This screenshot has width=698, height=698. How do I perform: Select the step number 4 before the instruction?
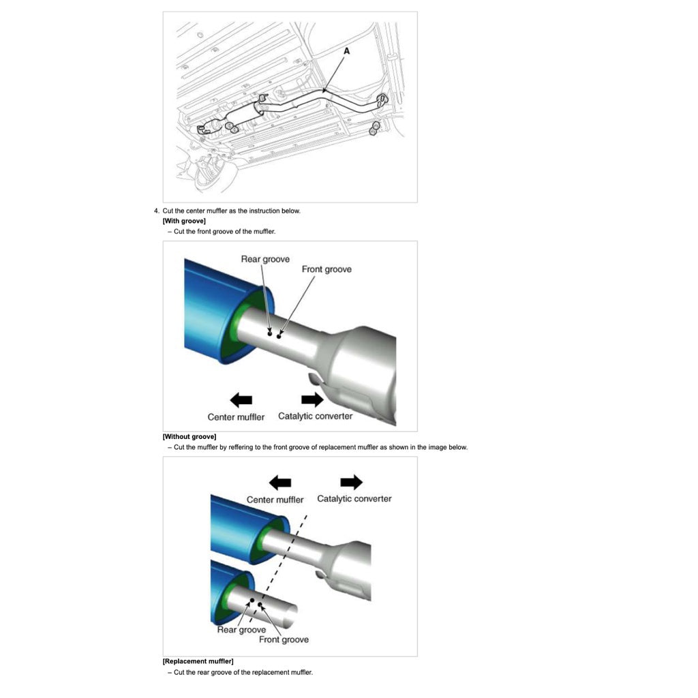[x=157, y=211]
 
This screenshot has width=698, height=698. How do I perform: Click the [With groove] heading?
[x=184, y=221]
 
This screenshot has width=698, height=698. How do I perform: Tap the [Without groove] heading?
[x=189, y=436]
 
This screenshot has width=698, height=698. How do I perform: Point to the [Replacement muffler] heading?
[x=198, y=661]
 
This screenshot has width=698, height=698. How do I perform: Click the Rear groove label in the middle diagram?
[x=265, y=259]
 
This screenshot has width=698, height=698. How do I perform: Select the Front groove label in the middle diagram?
[x=327, y=269]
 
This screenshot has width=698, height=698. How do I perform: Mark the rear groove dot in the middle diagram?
[x=270, y=334]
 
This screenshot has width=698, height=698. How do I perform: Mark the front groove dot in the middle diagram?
[x=279, y=337]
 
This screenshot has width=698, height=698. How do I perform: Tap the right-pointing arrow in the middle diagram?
[x=312, y=399]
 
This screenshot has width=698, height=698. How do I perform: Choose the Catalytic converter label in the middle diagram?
[x=315, y=416]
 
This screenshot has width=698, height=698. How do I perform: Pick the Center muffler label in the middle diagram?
[x=236, y=416]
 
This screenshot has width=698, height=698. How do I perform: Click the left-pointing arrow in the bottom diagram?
[x=279, y=483]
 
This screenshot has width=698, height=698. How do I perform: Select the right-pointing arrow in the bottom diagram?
[x=351, y=483]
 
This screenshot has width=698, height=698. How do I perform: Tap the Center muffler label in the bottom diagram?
[x=275, y=500]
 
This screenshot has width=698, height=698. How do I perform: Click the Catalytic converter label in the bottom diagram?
[x=354, y=499]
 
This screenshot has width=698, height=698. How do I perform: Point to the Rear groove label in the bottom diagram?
[x=241, y=629]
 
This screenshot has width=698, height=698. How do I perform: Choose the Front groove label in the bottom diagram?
[x=284, y=639]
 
